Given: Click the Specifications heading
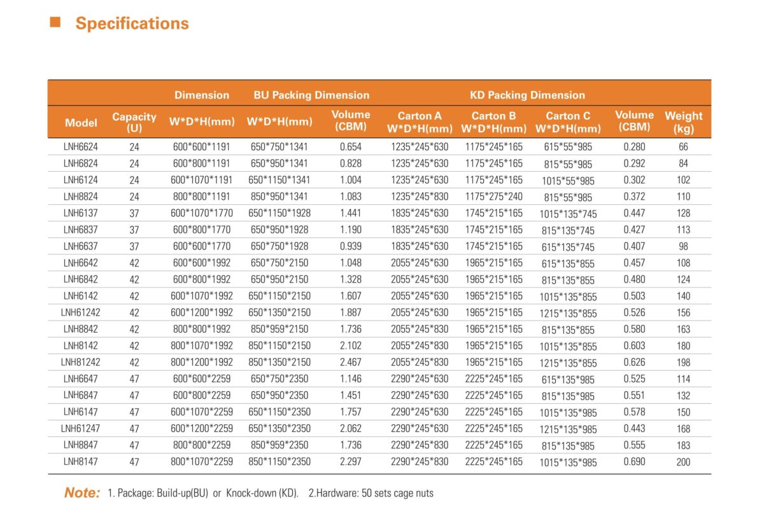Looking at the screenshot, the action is click(132, 24).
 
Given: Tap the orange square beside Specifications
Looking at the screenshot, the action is click(55, 22).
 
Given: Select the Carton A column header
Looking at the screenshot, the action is click(420, 122).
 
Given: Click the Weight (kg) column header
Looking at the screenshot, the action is click(684, 122).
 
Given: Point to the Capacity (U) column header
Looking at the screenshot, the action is click(134, 122).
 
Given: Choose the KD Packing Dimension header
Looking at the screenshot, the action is click(527, 95).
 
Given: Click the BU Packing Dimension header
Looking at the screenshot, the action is click(311, 95).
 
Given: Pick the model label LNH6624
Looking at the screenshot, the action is click(80, 147).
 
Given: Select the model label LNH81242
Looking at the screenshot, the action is click(80, 362).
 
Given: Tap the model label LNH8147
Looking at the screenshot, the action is click(80, 462).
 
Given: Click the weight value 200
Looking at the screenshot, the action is click(684, 462).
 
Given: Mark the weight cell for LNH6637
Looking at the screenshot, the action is click(684, 246).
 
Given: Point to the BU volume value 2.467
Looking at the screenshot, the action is click(351, 362).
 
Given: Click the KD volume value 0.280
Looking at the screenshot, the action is click(634, 147).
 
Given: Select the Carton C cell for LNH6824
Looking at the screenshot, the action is click(568, 164).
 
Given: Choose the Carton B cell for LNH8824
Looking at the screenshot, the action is click(494, 197).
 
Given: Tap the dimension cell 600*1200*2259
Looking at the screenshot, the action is click(202, 429).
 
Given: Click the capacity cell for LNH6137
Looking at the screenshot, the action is click(134, 213).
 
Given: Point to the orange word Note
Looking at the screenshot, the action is click(82, 493).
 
